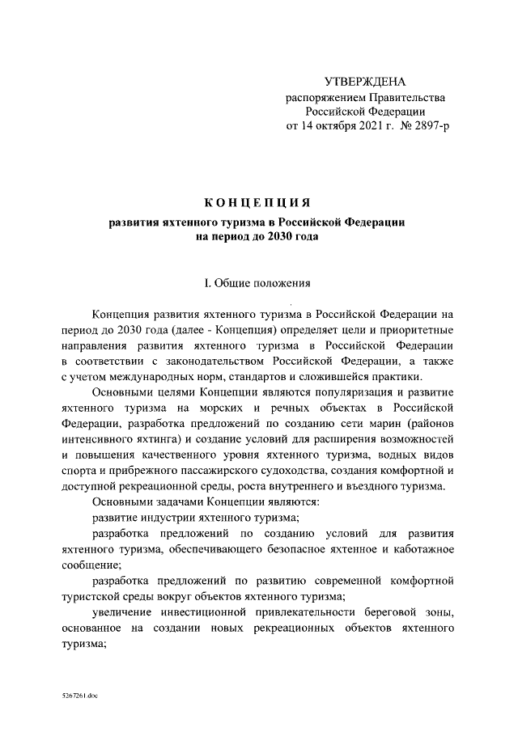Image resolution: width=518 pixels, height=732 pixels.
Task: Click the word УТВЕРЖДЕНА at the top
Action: [365, 82]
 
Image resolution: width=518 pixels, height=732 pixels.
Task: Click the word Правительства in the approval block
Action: [408, 97]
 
